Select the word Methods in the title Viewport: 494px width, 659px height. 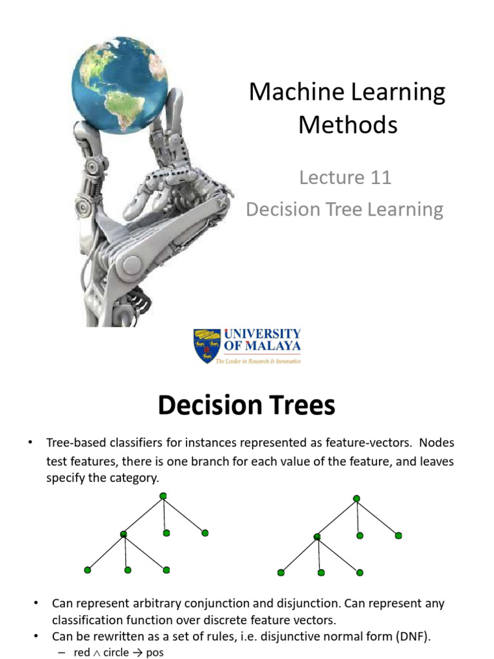(x=347, y=124)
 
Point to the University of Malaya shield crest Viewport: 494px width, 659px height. (x=207, y=346)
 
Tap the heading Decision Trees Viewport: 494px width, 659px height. (x=246, y=406)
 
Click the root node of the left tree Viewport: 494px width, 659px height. (x=163, y=495)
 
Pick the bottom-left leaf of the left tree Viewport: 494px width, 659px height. (x=87, y=570)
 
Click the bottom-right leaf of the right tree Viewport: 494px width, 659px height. (x=360, y=572)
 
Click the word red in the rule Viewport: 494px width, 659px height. (x=82, y=653)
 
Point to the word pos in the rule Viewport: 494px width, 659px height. (x=155, y=653)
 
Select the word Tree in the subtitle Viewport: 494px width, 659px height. (x=352, y=210)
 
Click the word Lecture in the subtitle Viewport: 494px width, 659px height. (x=328, y=178)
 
